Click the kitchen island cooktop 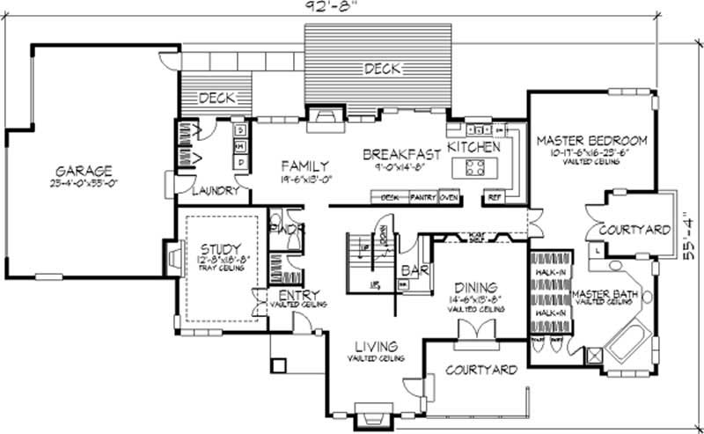(x=475, y=167)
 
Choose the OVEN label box (x=450, y=197)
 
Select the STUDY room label (x=220, y=249)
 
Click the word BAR (x=414, y=271)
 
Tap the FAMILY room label (x=304, y=166)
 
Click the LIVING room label (x=376, y=346)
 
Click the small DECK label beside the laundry (x=216, y=99)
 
